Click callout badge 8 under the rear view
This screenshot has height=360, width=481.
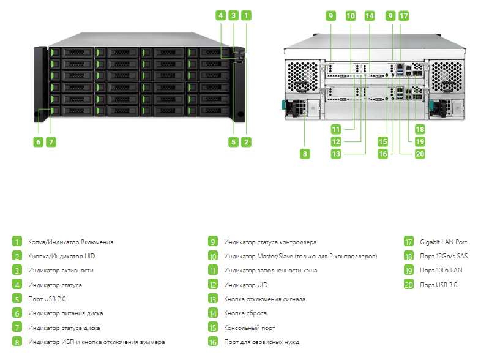coord(305,154)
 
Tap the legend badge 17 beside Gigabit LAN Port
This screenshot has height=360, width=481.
coord(409,242)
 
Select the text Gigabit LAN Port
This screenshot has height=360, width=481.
coord(443,242)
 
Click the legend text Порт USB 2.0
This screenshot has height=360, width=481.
coord(47,299)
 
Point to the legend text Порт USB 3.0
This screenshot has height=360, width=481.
coord(438,285)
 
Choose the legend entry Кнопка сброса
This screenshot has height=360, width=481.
coord(245,313)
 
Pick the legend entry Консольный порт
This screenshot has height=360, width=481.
coord(250,328)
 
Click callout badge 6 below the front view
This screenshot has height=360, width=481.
coord(39,142)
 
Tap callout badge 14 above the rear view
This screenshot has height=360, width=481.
coord(370,16)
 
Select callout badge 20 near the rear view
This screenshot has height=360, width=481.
coord(420,154)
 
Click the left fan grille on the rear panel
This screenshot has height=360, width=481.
coord(302,77)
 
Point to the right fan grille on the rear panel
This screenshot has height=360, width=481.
coord(446,77)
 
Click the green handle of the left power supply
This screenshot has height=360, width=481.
coord(283,105)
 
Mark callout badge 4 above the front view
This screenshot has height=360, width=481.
coord(220,15)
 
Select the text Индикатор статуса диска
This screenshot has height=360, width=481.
coord(64,328)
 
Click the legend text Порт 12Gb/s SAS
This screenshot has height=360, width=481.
coord(444,256)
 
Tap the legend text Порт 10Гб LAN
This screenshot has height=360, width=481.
coord(441,270)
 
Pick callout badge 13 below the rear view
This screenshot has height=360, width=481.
coord(336,154)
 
